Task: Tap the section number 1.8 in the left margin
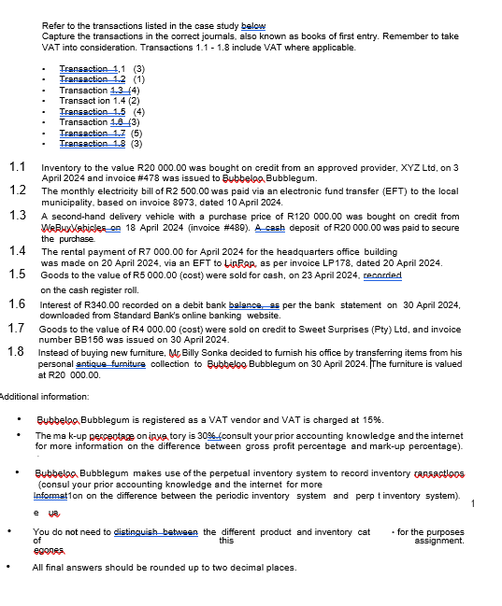pos(17,351)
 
